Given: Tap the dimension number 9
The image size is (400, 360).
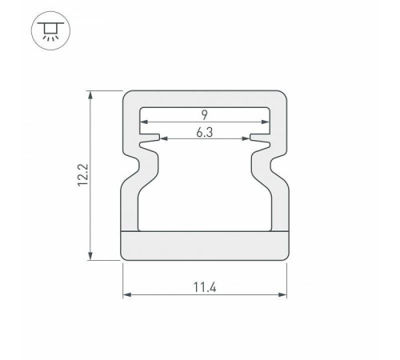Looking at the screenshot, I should (204, 115).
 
